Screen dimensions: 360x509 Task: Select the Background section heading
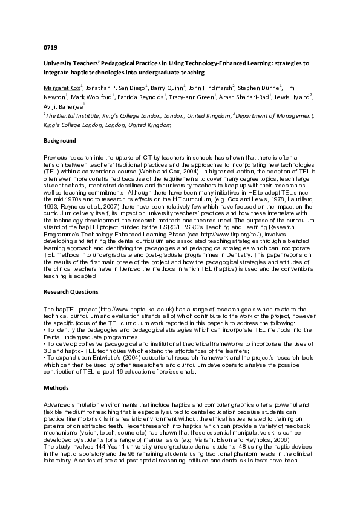pyautogui.click(x=60, y=141)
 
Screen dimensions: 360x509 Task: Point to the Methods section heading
pyautogui.click(x=56, y=387)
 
